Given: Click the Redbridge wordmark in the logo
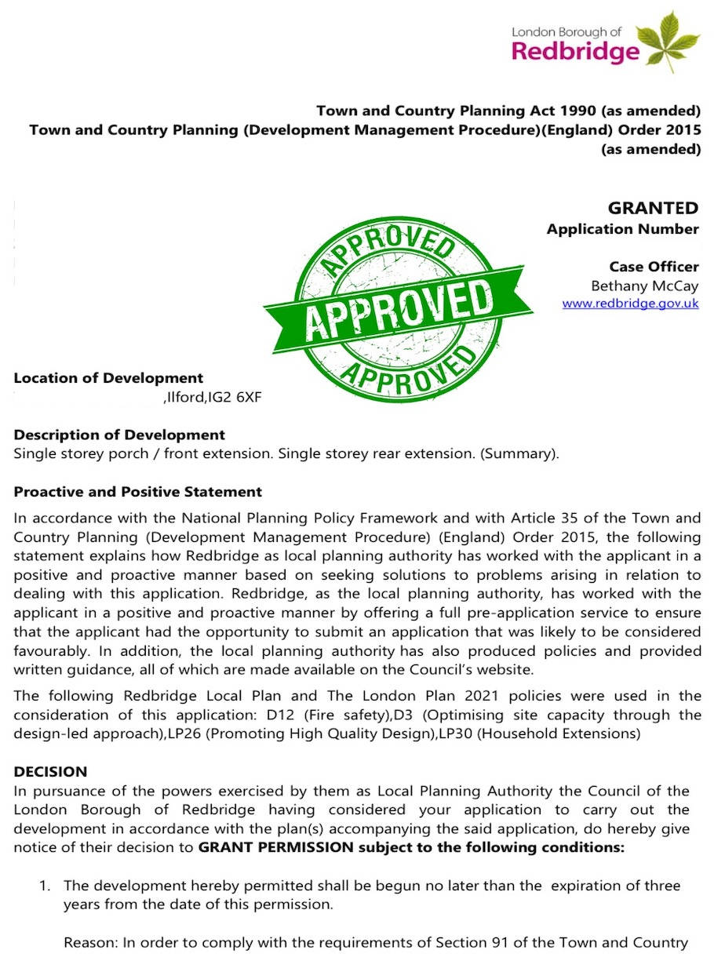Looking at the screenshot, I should click(575, 52).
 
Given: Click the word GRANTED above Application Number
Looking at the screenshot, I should click(653, 208).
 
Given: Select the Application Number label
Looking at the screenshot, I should click(622, 229).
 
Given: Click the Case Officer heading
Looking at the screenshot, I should click(654, 267).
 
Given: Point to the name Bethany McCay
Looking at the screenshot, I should click(644, 286).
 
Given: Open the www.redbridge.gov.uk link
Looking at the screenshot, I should click(630, 304).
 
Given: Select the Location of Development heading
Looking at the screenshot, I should click(108, 378).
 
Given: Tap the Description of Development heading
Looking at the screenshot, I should click(119, 435).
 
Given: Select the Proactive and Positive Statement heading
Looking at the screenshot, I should click(138, 492).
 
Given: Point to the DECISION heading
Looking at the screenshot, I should click(50, 772).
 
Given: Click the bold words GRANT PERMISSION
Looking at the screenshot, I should click(252, 847).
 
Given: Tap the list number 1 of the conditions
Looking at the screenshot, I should click(45, 886).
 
